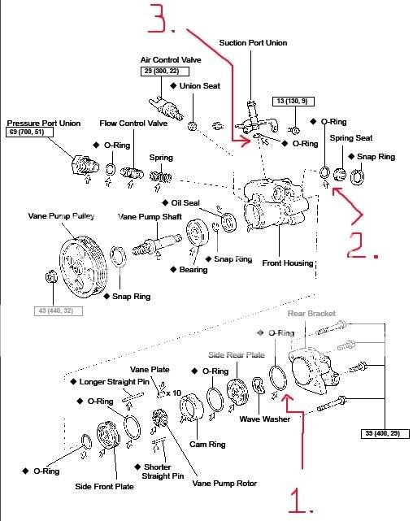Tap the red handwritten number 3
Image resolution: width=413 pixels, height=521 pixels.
pos(159,19)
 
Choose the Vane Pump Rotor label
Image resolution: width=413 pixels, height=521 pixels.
pos(224,484)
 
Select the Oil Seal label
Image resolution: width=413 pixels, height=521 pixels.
pos(188,202)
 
